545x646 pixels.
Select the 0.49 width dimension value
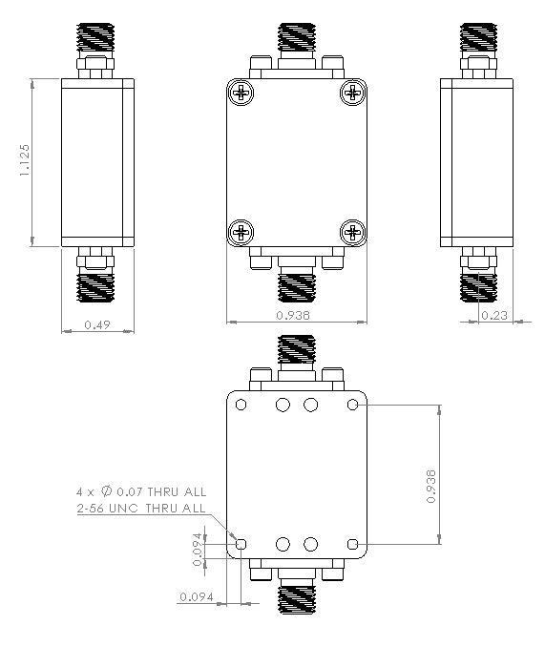coord(96,325)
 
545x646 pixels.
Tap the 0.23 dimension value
coord(493,316)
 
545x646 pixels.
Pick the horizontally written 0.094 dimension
coord(196,597)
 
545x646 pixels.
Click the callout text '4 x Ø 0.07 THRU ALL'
coord(141,491)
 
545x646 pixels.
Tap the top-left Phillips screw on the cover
coord(241,93)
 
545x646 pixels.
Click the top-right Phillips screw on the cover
coord(353,93)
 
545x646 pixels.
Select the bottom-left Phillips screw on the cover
coord(241,231)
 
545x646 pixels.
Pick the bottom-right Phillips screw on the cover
coord(353,231)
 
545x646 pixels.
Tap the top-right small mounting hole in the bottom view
coord(353,406)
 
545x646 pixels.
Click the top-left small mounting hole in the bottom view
coord(241,406)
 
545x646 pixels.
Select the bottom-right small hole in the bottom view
coord(353,544)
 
